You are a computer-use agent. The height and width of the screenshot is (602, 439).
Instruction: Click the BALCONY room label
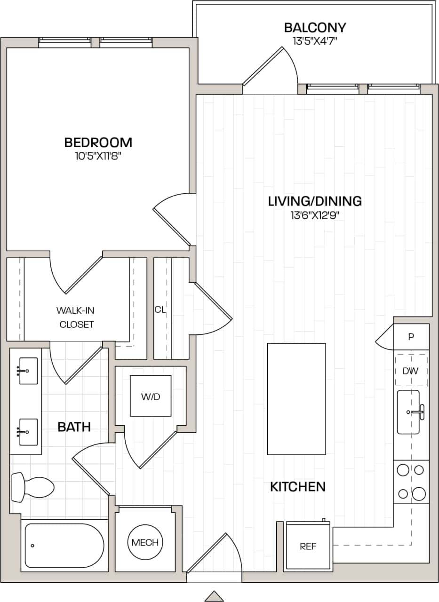[x=315, y=27]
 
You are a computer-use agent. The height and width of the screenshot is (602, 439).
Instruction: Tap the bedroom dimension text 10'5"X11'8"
[x=98, y=156]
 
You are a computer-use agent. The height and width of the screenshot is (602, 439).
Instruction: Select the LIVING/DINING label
[x=315, y=201]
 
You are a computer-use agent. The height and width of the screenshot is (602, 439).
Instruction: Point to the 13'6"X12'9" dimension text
[x=315, y=216]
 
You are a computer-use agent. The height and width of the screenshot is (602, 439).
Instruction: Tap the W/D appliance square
[x=151, y=396]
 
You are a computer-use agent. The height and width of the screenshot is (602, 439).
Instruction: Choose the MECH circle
[x=145, y=542]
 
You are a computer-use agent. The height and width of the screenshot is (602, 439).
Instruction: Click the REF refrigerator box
[x=308, y=546]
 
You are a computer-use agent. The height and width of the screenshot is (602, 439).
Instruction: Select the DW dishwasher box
[x=411, y=371]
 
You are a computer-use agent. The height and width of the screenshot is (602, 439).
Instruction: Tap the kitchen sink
[x=408, y=412]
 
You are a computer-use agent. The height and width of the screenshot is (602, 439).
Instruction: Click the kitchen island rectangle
[x=296, y=399]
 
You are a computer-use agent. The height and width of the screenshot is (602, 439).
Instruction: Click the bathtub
[x=64, y=546]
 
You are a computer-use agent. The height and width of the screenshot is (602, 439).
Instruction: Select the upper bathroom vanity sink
[x=28, y=371]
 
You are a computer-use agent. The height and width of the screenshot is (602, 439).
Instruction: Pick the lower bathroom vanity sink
[x=28, y=431]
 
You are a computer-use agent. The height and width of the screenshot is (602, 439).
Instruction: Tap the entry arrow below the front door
[x=214, y=596]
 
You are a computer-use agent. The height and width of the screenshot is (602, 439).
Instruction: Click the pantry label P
[x=411, y=337]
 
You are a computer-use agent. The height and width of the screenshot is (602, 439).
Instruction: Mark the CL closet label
[x=160, y=310]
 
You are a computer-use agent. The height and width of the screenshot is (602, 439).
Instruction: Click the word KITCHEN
[x=297, y=487]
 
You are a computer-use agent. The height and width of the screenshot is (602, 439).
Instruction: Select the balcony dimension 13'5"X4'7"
[x=315, y=41]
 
